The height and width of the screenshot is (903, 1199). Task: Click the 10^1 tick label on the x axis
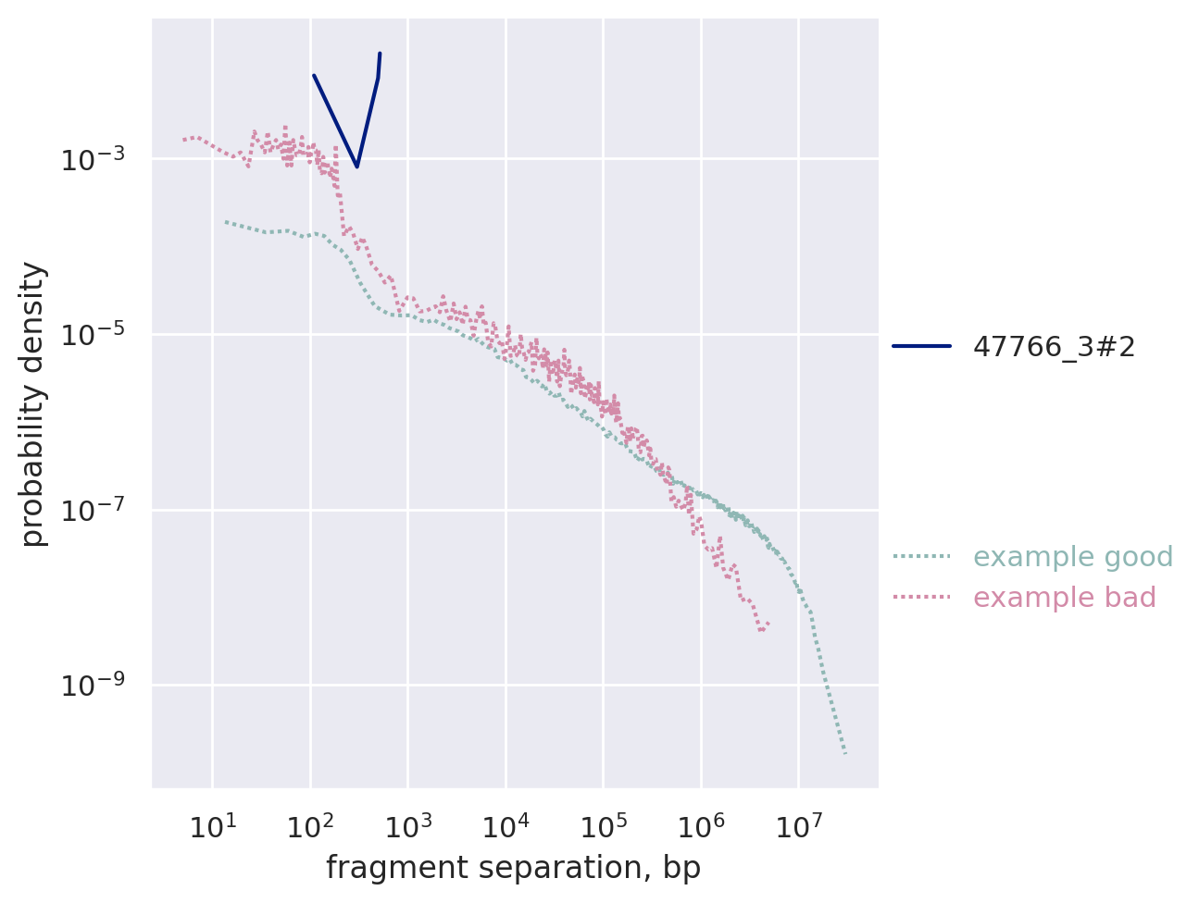[212, 827]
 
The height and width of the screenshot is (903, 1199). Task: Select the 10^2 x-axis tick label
[310, 827]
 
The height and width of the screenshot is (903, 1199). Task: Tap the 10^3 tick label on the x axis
[407, 827]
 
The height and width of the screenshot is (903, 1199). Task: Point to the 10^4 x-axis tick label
[506, 827]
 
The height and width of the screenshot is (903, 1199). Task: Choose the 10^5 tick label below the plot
[603, 827]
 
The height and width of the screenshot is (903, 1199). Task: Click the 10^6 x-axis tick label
[701, 827]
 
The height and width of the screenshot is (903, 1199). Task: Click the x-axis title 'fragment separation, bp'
[513, 868]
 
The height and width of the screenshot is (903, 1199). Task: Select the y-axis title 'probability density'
[33, 403]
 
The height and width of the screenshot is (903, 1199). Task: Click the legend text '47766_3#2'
[1054, 347]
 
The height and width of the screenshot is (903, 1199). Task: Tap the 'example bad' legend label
[1065, 598]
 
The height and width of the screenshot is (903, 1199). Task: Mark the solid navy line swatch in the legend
[921, 347]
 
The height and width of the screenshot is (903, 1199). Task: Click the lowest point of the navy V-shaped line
[357, 167]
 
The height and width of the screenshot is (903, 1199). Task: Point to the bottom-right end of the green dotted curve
[846, 754]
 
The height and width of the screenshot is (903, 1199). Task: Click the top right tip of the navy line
[381, 54]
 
